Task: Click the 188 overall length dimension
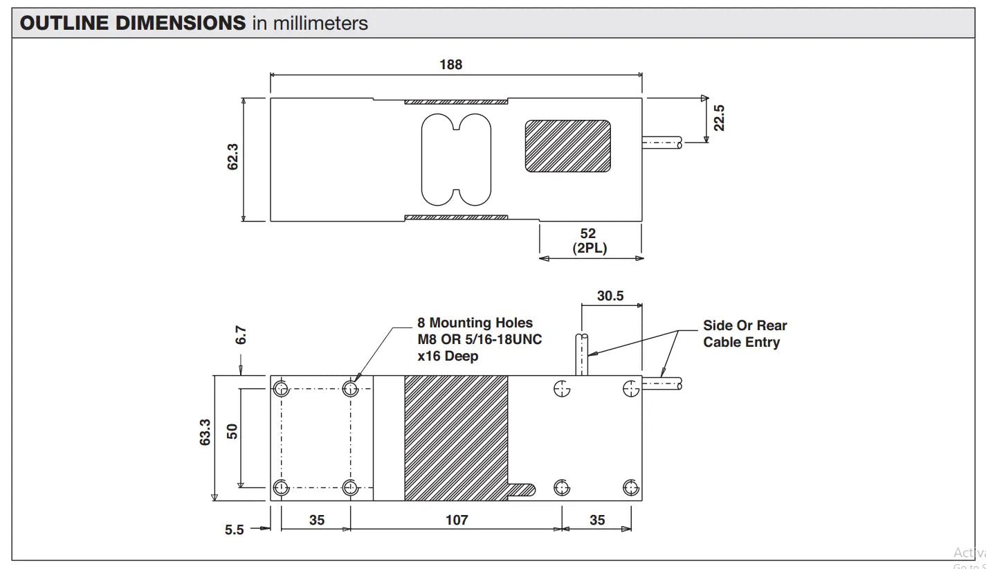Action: (x=450, y=64)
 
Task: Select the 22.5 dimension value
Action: (x=720, y=118)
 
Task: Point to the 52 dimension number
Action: (x=588, y=234)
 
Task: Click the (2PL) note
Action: (x=590, y=248)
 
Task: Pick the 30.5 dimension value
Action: (x=610, y=296)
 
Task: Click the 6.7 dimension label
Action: (x=241, y=335)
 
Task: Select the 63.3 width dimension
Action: (x=206, y=432)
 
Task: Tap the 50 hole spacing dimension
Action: (x=232, y=431)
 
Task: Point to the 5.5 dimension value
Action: (x=235, y=530)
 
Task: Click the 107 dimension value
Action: (x=457, y=520)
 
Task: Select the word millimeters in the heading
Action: (x=320, y=24)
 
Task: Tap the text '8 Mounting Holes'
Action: (x=475, y=323)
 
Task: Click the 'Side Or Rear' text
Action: (x=745, y=325)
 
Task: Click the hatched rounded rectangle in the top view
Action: (x=567, y=146)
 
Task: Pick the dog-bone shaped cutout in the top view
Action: (x=456, y=159)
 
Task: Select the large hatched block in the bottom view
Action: (x=456, y=437)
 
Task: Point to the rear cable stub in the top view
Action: (x=661, y=143)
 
